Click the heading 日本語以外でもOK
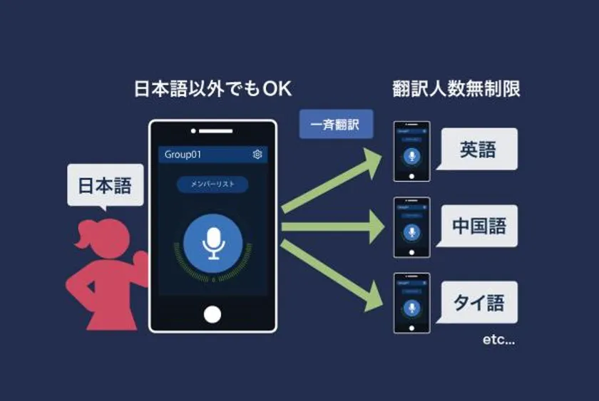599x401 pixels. [x=213, y=89]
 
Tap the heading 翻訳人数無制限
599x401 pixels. [x=456, y=89]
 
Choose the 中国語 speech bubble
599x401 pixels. [x=478, y=226]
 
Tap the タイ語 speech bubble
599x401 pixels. [x=478, y=302]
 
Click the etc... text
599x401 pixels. [x=498, y=340]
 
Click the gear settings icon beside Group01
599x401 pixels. [x=257, y=155]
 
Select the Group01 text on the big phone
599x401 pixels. [x=184, y=155]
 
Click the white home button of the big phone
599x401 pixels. [x=213, y=314]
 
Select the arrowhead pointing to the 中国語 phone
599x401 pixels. [x=376, y=227]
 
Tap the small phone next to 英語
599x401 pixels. [x=411, y=152]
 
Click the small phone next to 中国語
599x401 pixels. [x=411, y=227]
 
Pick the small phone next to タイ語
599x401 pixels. [x=411, y=303]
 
